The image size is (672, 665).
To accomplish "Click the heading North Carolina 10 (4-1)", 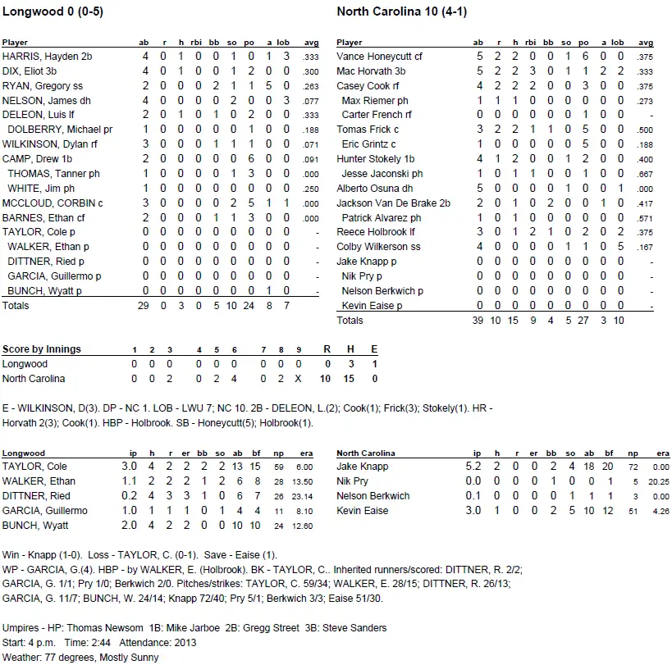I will (x=401, y=12).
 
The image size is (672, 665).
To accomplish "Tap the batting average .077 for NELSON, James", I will (x=311, y=101).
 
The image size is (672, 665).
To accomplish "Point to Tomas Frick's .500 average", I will (x=646, y=130).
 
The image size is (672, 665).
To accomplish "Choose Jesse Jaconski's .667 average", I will (x=646, y=174).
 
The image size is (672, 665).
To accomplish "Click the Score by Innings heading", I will (x=42, y=349).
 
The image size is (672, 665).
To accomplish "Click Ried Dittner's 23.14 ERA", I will (x=310, y=496).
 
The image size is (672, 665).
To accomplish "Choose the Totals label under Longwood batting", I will (x=16, y=305).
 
